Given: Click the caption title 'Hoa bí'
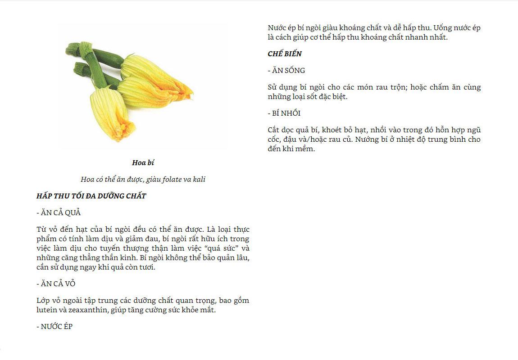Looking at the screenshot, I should click(x=143, y=162).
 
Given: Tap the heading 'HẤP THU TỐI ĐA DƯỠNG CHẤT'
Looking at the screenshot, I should click(x=91, y=196).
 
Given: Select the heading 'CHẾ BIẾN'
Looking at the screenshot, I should click(x=285, y=54).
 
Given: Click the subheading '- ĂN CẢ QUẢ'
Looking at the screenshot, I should click(x=59, y=212).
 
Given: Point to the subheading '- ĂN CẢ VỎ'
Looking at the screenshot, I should click(x=56, y=283).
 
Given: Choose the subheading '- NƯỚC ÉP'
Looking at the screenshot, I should click(x=55, y=326).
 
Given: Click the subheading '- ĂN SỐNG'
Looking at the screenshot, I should click(x=286, y=70).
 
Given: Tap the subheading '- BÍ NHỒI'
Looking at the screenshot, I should click(x=284, y=113).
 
